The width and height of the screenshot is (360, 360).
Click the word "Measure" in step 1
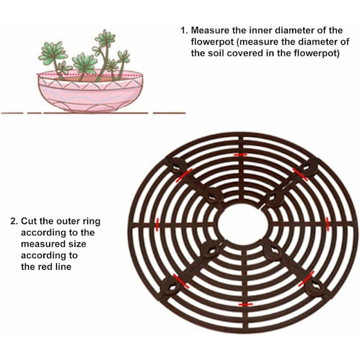click(210, 31)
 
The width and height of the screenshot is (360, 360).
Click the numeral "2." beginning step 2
click(14, 221)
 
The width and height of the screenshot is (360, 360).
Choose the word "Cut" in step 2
click(29, 221)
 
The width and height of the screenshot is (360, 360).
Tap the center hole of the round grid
click(243, 224)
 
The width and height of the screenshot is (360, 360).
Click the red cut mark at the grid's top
click(241, 155)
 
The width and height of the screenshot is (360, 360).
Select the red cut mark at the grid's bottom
click(245, 304)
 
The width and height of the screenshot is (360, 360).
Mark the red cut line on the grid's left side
click(157, 225)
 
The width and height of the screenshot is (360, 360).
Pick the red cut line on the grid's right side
click(328, 224)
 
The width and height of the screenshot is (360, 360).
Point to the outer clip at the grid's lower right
click(315, 287)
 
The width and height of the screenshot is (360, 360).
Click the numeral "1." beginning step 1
click(184, 31)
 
